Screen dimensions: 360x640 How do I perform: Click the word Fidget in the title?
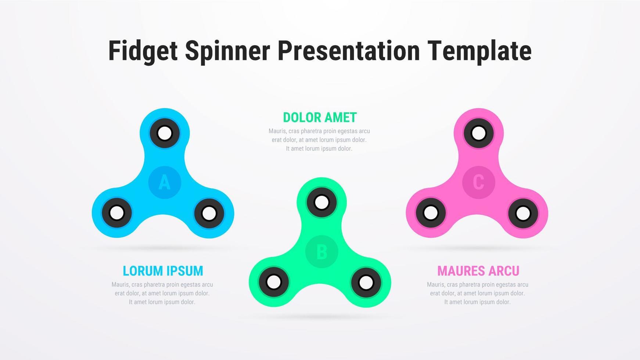tap(143, 51)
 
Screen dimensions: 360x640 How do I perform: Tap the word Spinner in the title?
tap(227, 51)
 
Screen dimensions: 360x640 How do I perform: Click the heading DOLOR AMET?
tap(320, 118)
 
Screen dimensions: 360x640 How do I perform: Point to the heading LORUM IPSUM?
tap(163, 271)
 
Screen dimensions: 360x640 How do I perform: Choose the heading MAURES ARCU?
tap(478, 271)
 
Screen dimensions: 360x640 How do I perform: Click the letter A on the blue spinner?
tap(165, 182)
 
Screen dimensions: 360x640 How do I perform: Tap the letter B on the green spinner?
tap(321, 252)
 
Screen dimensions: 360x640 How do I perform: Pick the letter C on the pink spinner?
tap(478, 182)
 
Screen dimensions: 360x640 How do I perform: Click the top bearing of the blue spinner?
tap(165, 133)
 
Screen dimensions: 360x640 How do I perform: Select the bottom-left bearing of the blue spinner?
tap(117, 213)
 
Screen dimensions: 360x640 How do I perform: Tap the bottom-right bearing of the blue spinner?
tap(209, 213)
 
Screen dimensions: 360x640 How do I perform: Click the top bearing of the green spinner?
tap(321, 202)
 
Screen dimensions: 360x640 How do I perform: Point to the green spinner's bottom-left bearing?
tap(274, 282)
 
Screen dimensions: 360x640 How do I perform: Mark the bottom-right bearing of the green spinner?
tap(366, 282)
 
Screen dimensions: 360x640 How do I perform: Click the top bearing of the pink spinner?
tap(479, 133)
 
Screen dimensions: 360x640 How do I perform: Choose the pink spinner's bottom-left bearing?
tap(431, 213)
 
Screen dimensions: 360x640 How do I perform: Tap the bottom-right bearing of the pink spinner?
tap(523, 213)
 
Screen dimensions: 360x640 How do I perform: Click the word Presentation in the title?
tap(348, 51)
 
